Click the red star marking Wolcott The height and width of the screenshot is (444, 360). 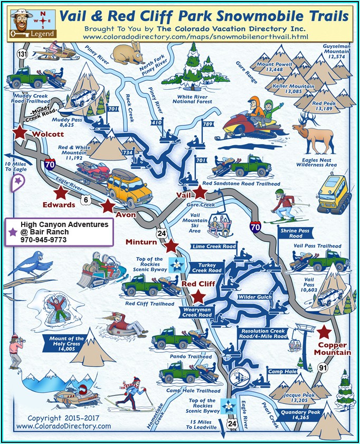pyautogui.click(x=20, y=132)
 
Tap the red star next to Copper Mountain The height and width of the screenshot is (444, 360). pyautogui.click(x=324, y=332)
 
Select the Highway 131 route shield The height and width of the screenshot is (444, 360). pyautogui.click(x=22, y=54)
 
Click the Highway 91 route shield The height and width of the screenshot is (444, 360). pyautogui.click(x=323, y=367)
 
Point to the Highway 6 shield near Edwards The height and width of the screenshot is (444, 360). pyautogui.click(x=86, y=200)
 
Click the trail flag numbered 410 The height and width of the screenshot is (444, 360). pyautogui.click(x=156, y=122)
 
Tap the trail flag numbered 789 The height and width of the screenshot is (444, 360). pyautogui.click(x=208, y=124)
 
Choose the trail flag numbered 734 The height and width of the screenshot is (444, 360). pyautogui.click(x=128, y=153)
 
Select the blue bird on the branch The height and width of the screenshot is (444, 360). pyautogui.click(x=32, y=264)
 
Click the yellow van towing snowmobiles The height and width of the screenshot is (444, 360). pyautogui.click(x=129, y=186)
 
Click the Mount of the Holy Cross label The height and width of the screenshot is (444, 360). pyautogui.click(x=67, y=344)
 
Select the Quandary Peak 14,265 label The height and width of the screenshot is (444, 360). pyautogui.click(x=300, y=414)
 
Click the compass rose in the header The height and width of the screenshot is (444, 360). pyautogui.click(x=43, y=21)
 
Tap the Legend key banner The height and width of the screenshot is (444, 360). pyautogui.click(x=33, y=34)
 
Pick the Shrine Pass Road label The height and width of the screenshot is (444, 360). pyautogui.click(x=295, y=233)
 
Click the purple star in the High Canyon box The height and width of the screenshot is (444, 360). pyautogui.click(x=13, y=232)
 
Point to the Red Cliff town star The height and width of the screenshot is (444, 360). pyautogui.click(x=198, y=297)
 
